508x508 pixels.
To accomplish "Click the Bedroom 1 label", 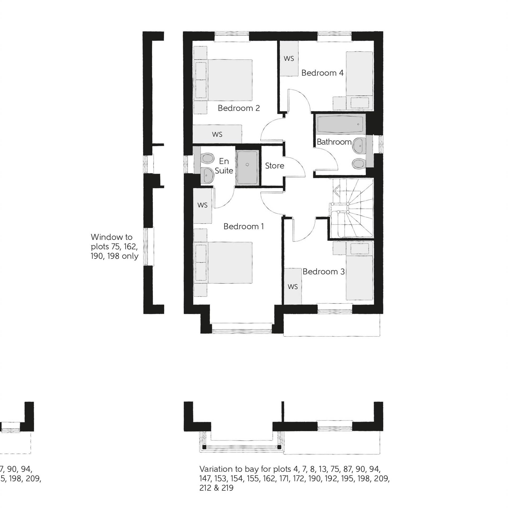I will click(243, 226).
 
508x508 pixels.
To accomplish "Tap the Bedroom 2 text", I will click(239, 108).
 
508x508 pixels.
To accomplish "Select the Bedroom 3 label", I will click(324, 272).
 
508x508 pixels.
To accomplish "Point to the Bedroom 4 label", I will click(322, 73).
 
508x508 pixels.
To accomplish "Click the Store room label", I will click(274, 166).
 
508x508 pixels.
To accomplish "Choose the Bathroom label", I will click(334, 142).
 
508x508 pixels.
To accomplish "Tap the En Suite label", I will click(224, 166).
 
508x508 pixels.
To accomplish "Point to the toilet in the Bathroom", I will click(359, 163).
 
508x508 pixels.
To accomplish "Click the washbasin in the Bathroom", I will click(359, 145).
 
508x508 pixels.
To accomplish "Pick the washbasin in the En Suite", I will click(207, 175).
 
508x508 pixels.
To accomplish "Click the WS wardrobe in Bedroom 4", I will click(289, 58).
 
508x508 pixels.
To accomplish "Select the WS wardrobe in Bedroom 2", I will click(217, 134).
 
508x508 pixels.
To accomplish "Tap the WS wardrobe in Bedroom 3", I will click(293, 287).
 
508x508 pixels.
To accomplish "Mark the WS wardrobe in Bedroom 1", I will click(202, 205).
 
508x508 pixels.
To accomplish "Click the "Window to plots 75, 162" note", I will click(114, 246).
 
